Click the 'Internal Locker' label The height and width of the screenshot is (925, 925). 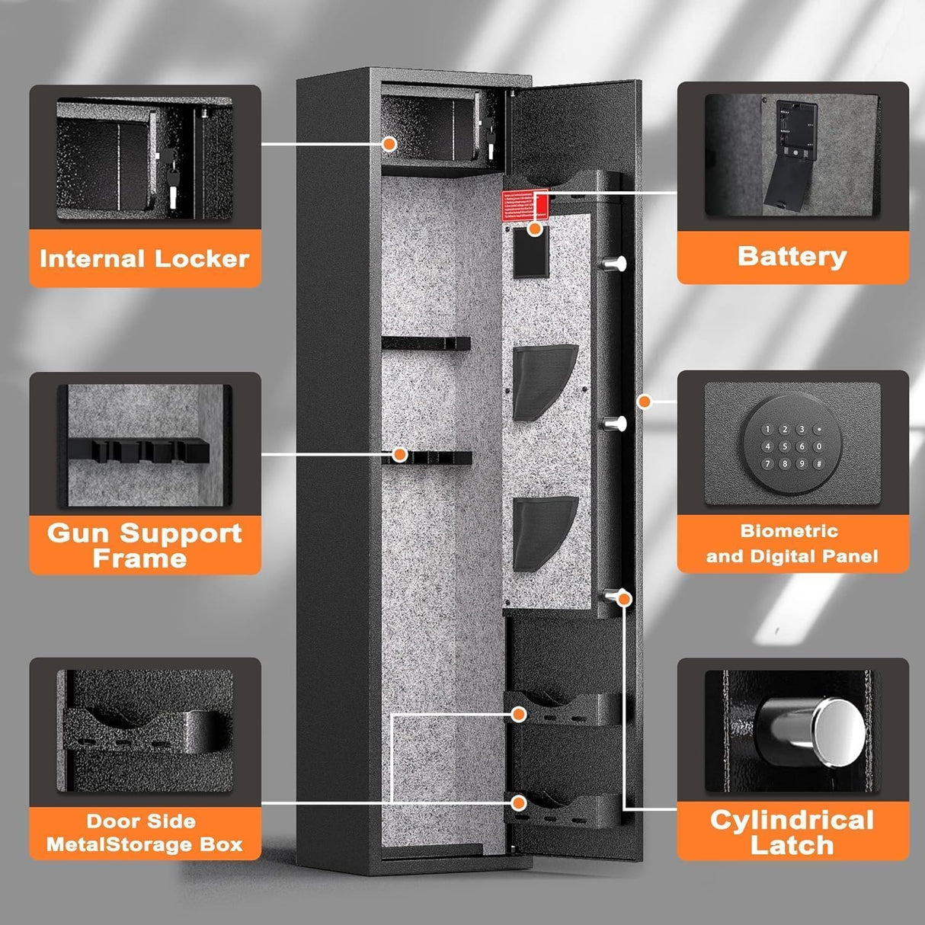[x=144, y=258]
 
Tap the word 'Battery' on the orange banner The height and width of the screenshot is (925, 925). [x=792, y=256]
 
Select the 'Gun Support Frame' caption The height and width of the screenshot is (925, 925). [x=144, y=546]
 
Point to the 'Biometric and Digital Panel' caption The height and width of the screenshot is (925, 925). [x=792, y=543]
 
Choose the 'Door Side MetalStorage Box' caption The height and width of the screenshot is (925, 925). [x=144, y=832]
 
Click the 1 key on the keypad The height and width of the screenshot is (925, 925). [x=768, y=430]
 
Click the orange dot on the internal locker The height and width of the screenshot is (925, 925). [x=389, y=143]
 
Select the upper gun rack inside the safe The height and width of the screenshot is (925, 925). [x=426, y=344]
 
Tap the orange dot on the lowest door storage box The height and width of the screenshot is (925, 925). [x=519, y=803]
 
